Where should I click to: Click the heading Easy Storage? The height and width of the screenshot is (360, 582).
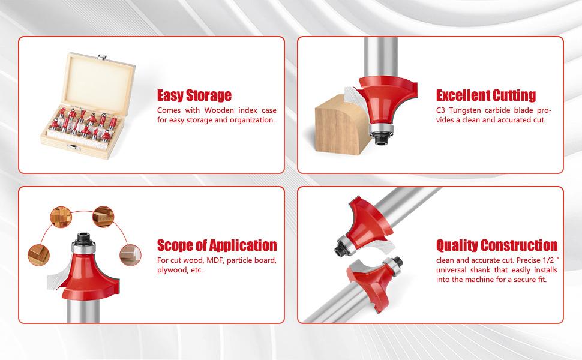point(194,95)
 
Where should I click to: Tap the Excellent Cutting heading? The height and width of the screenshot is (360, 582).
point(486,95)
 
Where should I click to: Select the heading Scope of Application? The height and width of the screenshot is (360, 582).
point(217,245)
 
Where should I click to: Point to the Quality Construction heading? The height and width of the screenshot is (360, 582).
point(497,245)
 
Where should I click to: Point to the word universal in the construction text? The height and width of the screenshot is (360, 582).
point(451,270)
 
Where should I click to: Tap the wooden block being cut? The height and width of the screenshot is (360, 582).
point(341,125)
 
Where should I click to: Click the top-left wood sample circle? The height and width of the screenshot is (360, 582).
point(61,217)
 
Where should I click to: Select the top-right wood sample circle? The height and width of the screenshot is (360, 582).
point(103,217)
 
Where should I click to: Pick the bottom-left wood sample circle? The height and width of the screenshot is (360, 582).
point(38,255)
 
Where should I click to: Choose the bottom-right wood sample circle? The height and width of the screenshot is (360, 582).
point(130,255)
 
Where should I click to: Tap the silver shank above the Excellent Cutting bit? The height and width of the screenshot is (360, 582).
point(381,56)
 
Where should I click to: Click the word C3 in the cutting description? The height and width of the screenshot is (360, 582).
point(440,110)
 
